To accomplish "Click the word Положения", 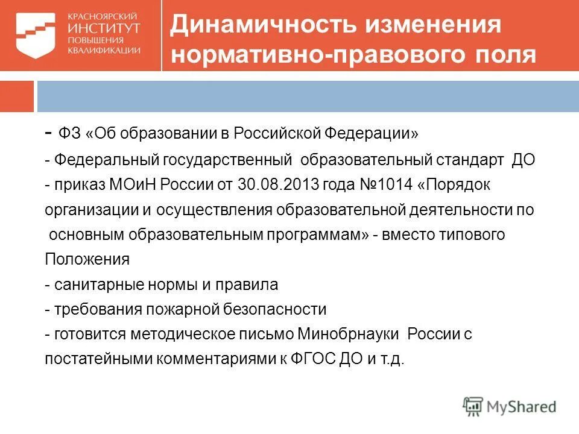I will [x=87, y=259].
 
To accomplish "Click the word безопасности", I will [x=274, y=309].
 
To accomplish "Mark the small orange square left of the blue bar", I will [x=16, y=96].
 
